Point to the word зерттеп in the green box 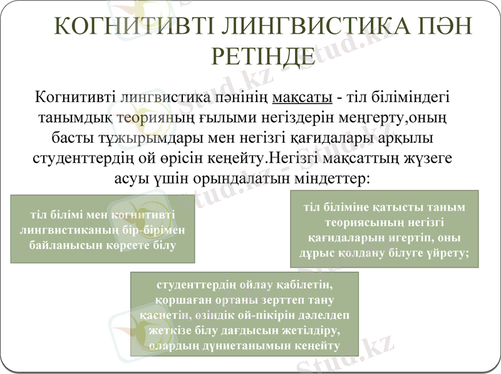pyautogui.click(x=274, y=300)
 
